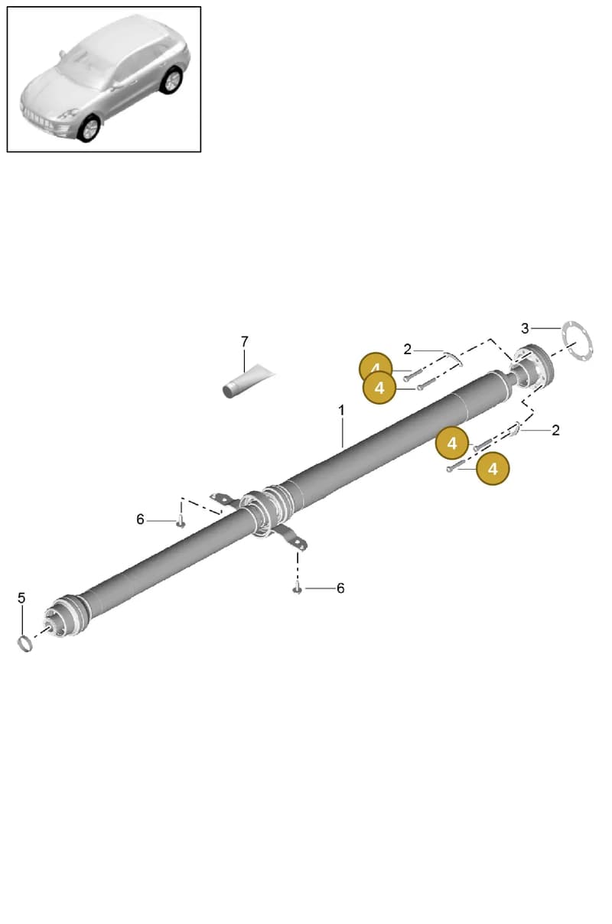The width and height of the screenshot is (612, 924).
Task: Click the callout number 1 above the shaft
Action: tap(341, 411)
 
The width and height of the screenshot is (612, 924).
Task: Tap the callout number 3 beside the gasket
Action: tap(525, 328)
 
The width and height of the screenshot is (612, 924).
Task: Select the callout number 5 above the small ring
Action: tap(21, 597)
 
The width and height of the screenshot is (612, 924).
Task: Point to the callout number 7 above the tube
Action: tap(245, 342)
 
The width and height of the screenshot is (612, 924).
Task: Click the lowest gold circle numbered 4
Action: tap(493, 469)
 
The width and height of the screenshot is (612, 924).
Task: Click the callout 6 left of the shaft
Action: tap(140, 519)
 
